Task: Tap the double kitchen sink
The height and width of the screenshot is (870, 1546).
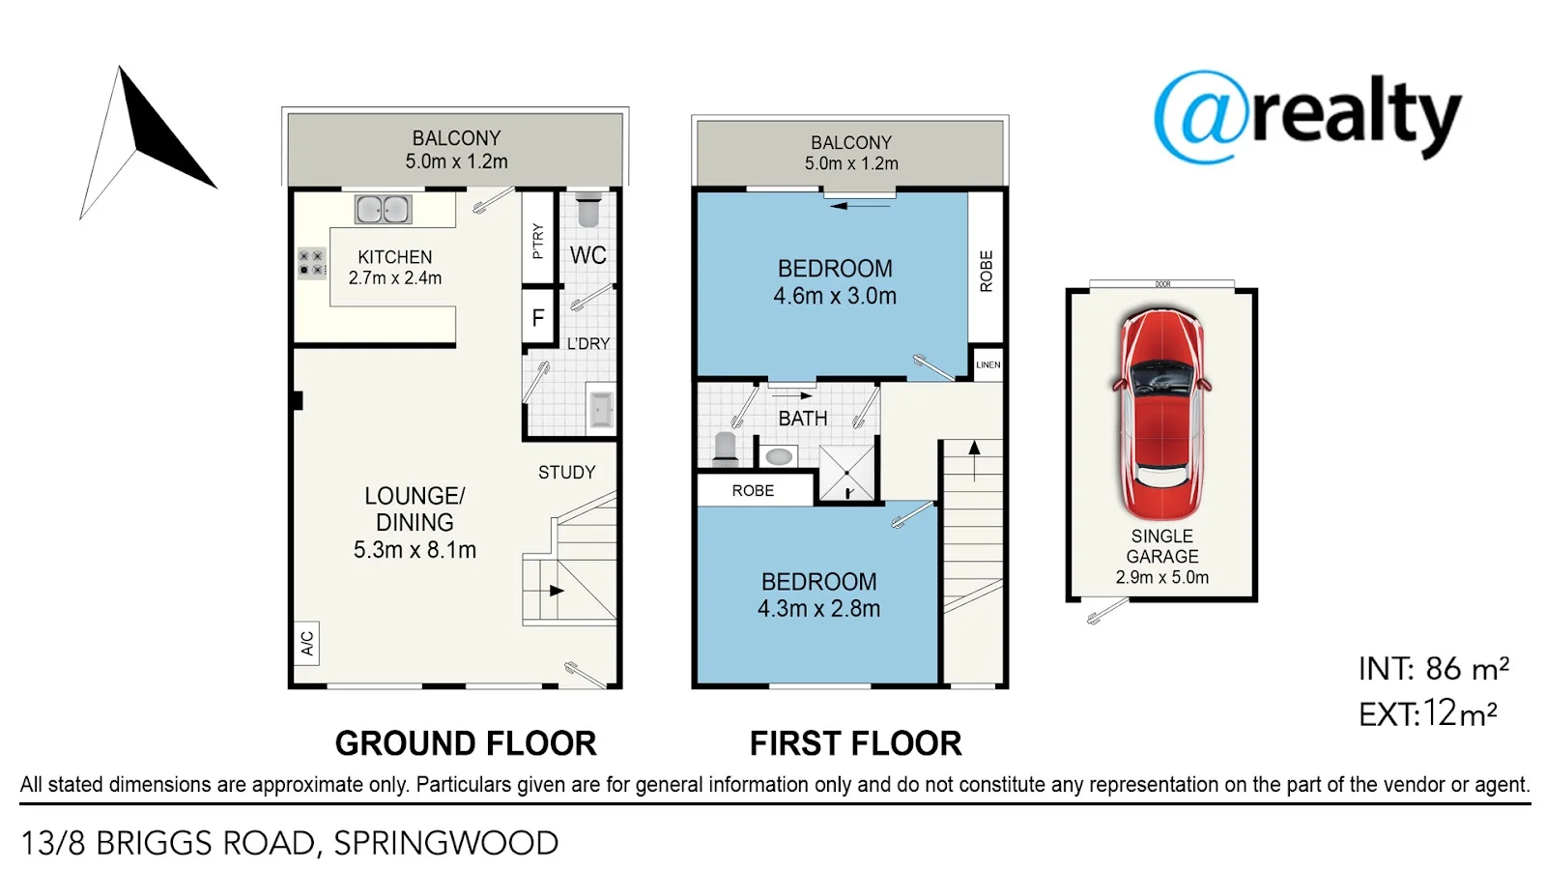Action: pos(383,209)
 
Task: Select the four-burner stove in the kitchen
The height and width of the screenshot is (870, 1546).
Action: pos(311,263)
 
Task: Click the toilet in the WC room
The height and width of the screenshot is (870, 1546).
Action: pos(588,210)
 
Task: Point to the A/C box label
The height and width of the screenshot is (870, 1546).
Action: pos(307,644)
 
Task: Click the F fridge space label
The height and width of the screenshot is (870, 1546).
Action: pos(538,318)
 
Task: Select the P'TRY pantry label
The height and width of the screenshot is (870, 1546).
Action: pos(538,241)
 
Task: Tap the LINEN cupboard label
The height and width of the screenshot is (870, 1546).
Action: pos(988,364)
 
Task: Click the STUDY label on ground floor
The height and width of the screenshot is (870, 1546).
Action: pos(566,473)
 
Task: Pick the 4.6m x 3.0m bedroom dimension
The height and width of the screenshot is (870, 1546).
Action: pos(835,296)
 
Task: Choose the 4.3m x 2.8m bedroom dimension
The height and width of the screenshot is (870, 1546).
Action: pos(818,609)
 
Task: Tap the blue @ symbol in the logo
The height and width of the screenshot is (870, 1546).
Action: pos(1202,116)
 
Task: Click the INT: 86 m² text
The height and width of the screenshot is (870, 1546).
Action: pos(1434,668)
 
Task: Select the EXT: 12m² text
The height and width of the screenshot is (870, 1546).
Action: pos(1428,714)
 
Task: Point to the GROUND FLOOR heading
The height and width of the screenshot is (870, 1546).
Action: pos(466,743)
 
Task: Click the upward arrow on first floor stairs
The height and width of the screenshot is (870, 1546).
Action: pos(974,460)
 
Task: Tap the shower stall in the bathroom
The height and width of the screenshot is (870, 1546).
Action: pos(846,473)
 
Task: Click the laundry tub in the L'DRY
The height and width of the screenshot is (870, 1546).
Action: pos(600,410)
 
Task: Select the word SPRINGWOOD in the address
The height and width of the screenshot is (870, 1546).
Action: pos(445,844)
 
